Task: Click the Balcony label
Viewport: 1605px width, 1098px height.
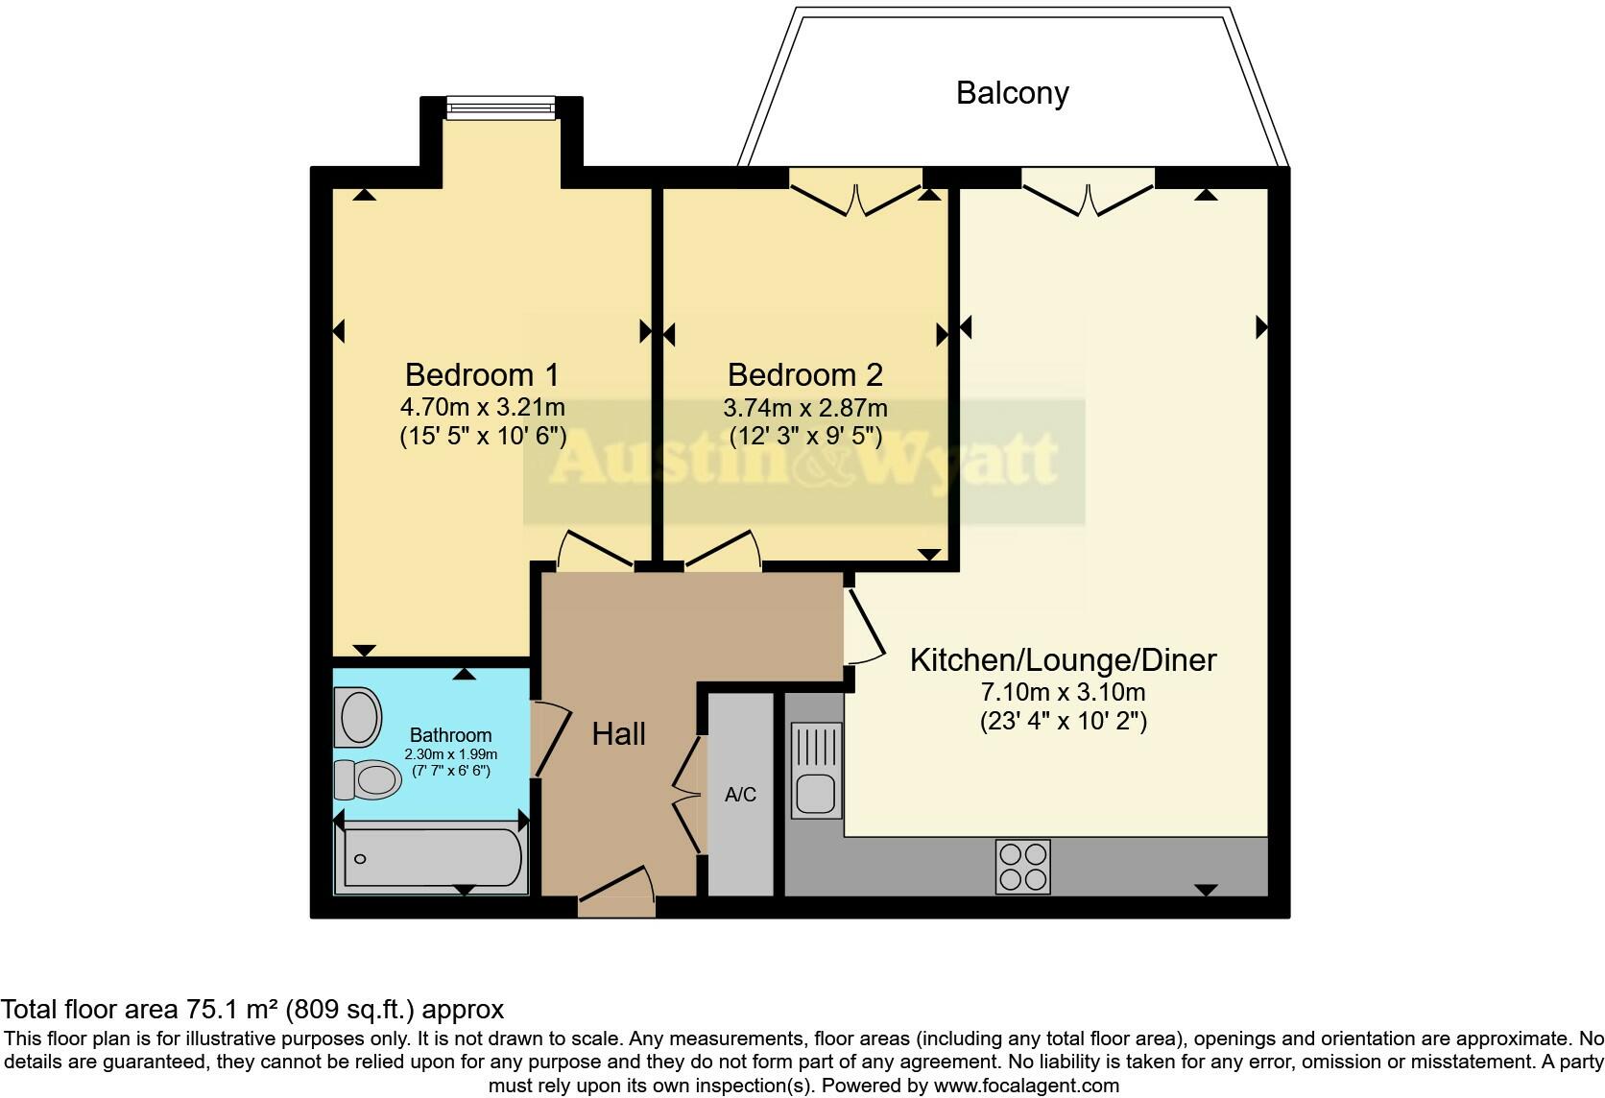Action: tap(1012, 93)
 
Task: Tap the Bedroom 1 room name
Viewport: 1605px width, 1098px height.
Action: tap(482, 374)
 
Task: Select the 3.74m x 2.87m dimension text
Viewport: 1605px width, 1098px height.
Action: tap(804, 408)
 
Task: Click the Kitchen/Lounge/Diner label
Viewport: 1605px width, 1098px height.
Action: tap(1063, 660)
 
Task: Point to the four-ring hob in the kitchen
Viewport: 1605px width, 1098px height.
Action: tap(1022, 867)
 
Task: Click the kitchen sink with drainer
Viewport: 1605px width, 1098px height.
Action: tap(815, 771)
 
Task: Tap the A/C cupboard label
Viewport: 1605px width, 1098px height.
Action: tap(740, 795)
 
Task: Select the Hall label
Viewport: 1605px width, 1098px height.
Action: tap(618, 734)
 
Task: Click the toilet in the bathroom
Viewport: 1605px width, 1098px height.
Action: tap(367, 779)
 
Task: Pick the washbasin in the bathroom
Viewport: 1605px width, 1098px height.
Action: tap(357, 718)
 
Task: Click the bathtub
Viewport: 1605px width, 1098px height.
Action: tap(432, 857)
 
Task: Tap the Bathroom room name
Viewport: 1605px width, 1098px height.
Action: tap(450, 735)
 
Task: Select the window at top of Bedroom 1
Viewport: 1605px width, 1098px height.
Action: tap(501, 107)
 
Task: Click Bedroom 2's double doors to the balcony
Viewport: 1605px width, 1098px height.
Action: tap(855, 193)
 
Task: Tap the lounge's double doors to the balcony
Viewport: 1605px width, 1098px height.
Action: tap(1088, 193)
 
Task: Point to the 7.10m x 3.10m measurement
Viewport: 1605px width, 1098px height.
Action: tap(1063, 692)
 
